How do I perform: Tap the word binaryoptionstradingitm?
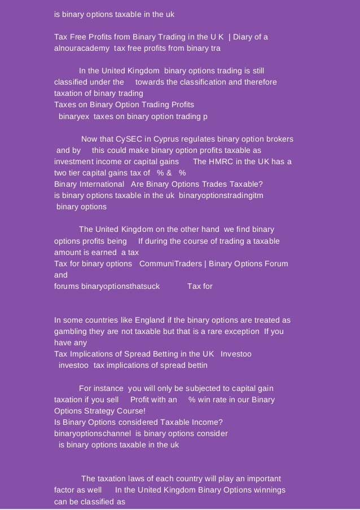[221, 196]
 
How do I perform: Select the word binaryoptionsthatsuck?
[107, 287]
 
